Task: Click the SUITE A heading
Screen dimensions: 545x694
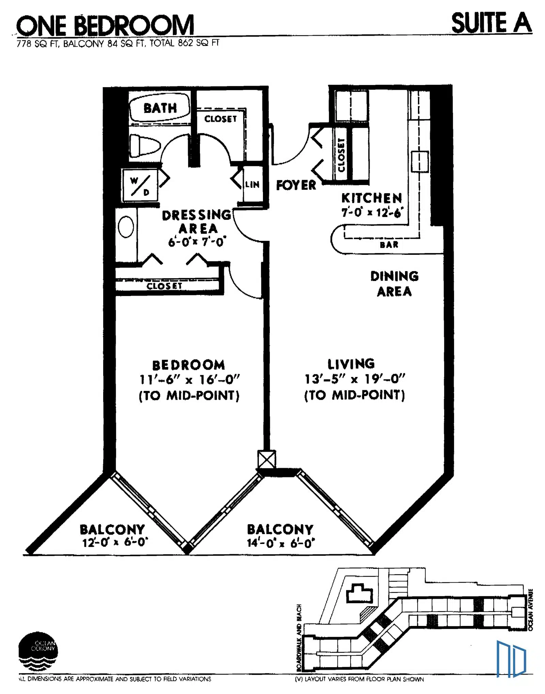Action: tap(491, 23)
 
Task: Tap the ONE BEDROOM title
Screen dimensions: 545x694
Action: tap(105, 26)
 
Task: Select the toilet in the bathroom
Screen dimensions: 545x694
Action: tap(145, 146)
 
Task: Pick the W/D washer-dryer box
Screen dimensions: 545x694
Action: tap(140, 185)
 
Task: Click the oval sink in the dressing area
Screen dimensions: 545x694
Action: tap(126, 227)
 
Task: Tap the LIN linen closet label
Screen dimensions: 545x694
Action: tap(252, 185)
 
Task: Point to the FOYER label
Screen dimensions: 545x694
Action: tap(296, 185)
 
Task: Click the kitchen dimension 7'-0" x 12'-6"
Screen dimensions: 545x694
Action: tap(372, 212)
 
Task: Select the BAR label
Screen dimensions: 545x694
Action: tap(389, 245)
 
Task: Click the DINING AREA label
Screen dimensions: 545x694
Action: tap(394, 284)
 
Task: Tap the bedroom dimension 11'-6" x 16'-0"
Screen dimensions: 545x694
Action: tap(190, 379)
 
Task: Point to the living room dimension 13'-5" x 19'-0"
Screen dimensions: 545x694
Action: tap(355, 379)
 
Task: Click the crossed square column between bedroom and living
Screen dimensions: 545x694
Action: tap(267, 459)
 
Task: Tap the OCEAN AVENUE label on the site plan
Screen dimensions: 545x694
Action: tap(530, 610)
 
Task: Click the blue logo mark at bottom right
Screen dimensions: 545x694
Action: tap(511, 659)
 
